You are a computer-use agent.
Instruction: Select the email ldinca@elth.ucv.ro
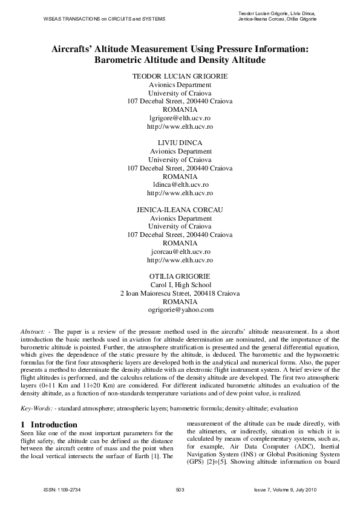[x=180, y=184]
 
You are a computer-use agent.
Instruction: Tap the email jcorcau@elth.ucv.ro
[x=180, y=251]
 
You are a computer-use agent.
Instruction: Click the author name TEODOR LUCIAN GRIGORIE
[x=180, y=77]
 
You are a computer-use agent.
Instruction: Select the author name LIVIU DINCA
[x=180, y=143]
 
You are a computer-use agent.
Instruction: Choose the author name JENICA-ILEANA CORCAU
[x=180, y=209]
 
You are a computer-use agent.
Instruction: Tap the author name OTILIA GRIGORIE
[x=180, y=276]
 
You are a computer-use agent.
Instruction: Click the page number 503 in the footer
[x=180, y=488]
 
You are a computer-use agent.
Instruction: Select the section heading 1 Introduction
[x=49, y=408]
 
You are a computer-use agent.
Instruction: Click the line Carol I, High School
[x=180, y=284]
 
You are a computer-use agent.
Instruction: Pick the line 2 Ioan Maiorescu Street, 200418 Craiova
[x=180, y=293]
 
